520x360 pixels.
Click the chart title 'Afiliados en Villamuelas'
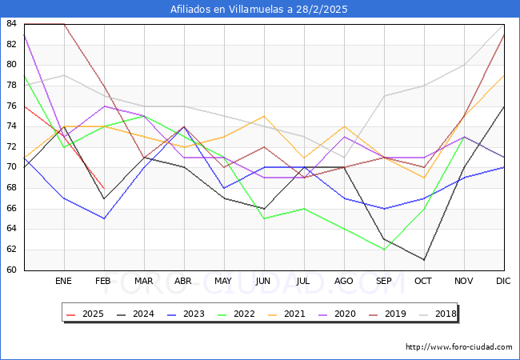[x=259, y=10]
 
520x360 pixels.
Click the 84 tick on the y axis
[x=12, y=24]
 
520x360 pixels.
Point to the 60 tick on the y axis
[x=12, y=270]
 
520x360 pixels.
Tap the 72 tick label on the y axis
[x=12, y=147]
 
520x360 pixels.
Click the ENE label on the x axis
[x=64, y=282]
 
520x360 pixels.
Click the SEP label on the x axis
[x=384, y=282]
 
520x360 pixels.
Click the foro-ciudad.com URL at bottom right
[x=459, y=347]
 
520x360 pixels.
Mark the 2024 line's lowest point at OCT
[x=424, y=259]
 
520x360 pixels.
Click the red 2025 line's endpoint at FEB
[x=104, y=188]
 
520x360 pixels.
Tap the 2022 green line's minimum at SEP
[x=384, y=250]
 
